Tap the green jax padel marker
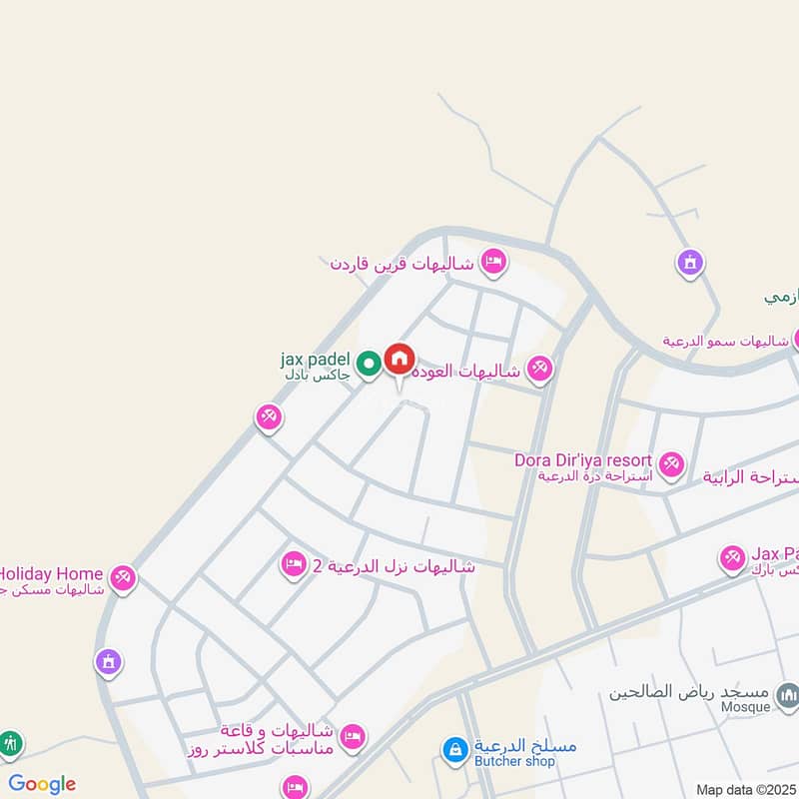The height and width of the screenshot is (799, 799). coord(370,365)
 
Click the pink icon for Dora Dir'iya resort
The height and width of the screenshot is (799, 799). coord(670,462)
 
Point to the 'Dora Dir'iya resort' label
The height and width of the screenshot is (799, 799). coord(583,460)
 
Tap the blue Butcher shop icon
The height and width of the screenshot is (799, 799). coord(454,749)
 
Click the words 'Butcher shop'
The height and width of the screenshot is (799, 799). coord(512,762)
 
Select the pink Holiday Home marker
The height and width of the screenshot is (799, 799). coord(123,576)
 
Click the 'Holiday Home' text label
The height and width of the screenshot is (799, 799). coord(51,574)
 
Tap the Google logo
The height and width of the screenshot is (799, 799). coord(42,784)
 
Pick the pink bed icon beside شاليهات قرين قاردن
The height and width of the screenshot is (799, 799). coord(493,263)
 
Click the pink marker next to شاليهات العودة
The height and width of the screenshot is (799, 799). coord(539,370)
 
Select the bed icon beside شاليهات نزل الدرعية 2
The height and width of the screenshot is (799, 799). coord(294,565)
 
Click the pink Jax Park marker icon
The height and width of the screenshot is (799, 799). coord(733,557)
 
